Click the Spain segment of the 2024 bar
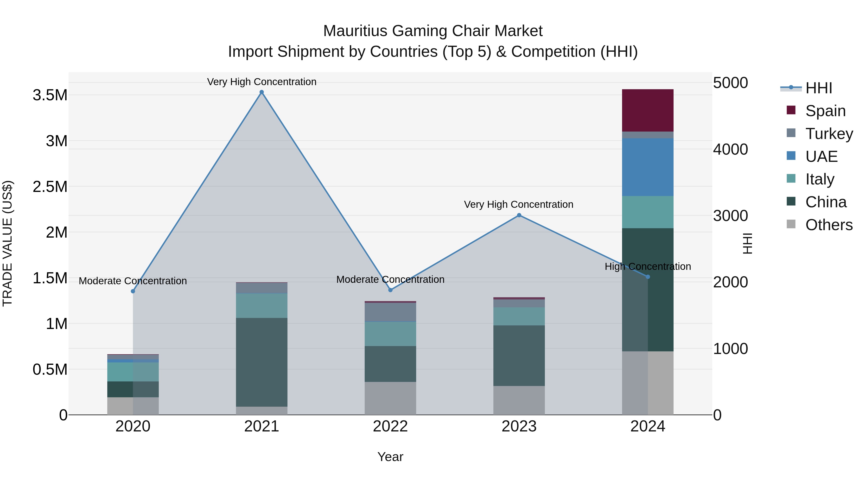coord(648,110)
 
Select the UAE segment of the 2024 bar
coord(648,167)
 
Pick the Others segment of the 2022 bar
coord(390,398)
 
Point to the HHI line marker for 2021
coord(261,92)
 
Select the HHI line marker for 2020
coord(133,291)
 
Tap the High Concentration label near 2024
coord(648,266)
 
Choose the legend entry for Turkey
coord(829,133)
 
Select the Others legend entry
coord(829,225)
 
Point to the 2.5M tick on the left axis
coord(50,187)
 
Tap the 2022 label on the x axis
coord(390,426)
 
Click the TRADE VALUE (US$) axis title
coord(7,243)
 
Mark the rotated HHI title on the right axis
coord(747,243)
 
